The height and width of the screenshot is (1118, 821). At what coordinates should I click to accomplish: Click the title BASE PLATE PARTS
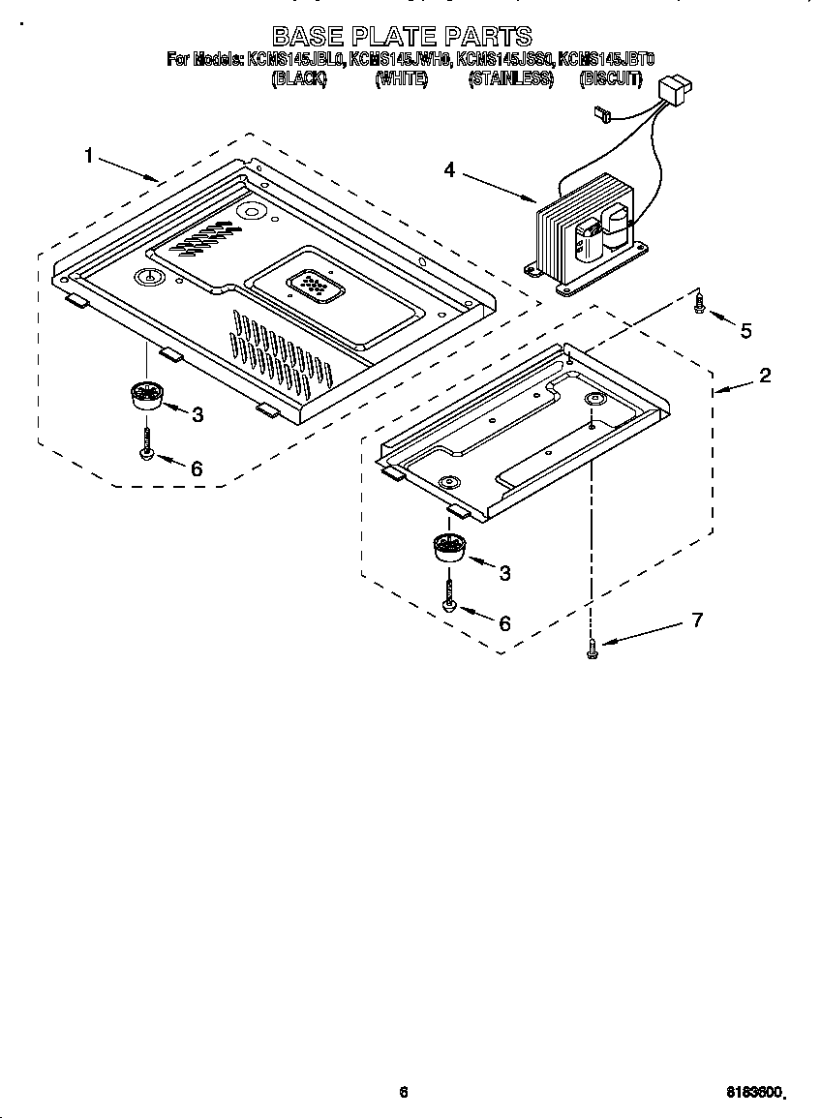(x=402, y=37)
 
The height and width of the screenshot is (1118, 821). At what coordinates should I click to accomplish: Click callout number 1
(x=89, y=156)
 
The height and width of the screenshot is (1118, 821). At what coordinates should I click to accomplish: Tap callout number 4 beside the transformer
(x=449, y=170)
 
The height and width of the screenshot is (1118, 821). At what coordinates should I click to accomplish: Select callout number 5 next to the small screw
(x=745, y=331)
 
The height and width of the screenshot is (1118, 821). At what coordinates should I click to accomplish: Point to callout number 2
(x=765, y=376)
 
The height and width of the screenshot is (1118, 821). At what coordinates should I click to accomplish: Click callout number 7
(x=697, y=620)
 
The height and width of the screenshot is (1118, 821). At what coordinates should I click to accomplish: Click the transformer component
(x=581, y=232)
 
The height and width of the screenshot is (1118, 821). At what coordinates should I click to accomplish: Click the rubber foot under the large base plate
(x=146, y=395)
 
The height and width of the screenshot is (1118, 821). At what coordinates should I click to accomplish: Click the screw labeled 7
(x=592, y=654)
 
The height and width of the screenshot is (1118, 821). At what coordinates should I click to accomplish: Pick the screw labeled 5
(x=700, y=307)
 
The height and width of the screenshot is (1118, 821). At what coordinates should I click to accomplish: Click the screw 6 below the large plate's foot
(x=146, y=442)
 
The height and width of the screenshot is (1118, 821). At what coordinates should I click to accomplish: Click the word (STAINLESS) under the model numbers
(x=510, y=79)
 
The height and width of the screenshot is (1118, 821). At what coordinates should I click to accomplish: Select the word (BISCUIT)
(x=610, y=79)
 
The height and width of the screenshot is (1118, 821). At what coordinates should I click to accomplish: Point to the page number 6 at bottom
(x=404, y=1093)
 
